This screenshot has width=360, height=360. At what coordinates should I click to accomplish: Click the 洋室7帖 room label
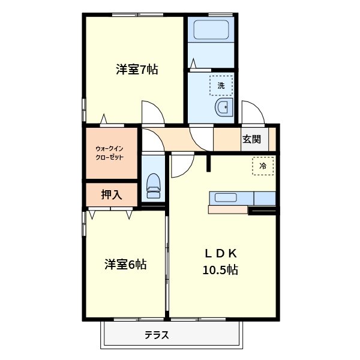pyautogui.click(x=137, y=70)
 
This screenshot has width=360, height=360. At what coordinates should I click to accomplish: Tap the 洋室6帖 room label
pyautogui.click(x=125, y=264)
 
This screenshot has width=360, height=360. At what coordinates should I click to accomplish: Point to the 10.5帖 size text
pyautogui.click(x=220, y=270)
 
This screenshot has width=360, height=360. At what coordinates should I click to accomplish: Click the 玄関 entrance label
pyautogui.click(x=251, y=140)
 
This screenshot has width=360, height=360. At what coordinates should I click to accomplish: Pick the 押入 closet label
pyautogui.click(x=112, y=194)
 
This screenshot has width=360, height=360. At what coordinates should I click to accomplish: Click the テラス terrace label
pyautogui.click(x=156, y=335)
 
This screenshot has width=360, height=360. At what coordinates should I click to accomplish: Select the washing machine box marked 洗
pyautogui.click(x=221, y=86)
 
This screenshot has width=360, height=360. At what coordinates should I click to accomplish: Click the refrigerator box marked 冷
pyautogui.click(x=263, y=165)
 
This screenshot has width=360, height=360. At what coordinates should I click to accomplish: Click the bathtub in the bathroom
pyautogui.click(x=209, y=31)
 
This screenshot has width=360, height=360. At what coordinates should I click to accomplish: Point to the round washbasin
pyautogui.click(x=222, y=108)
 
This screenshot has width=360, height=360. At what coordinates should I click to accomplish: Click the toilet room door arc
pyautogui.click(x=151, y=140)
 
